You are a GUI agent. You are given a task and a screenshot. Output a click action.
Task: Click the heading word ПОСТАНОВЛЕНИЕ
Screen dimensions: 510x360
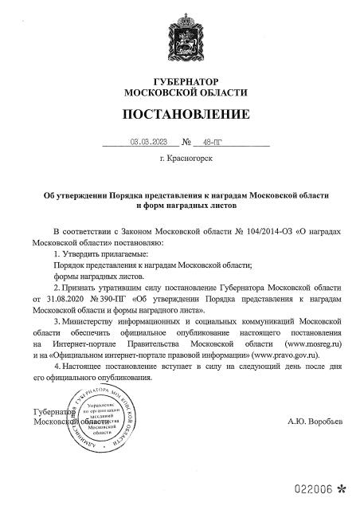click(x=179, y=115)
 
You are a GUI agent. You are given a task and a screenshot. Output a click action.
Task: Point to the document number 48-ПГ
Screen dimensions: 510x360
click(x=213, y=144)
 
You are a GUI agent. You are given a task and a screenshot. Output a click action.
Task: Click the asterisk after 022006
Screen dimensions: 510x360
click(x=342, y=487)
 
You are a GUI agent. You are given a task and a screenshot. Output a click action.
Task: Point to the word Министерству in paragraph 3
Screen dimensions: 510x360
click(x=88, y=319)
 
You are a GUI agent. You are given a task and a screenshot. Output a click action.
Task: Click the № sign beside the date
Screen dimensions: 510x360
click(x=187, y=144)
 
